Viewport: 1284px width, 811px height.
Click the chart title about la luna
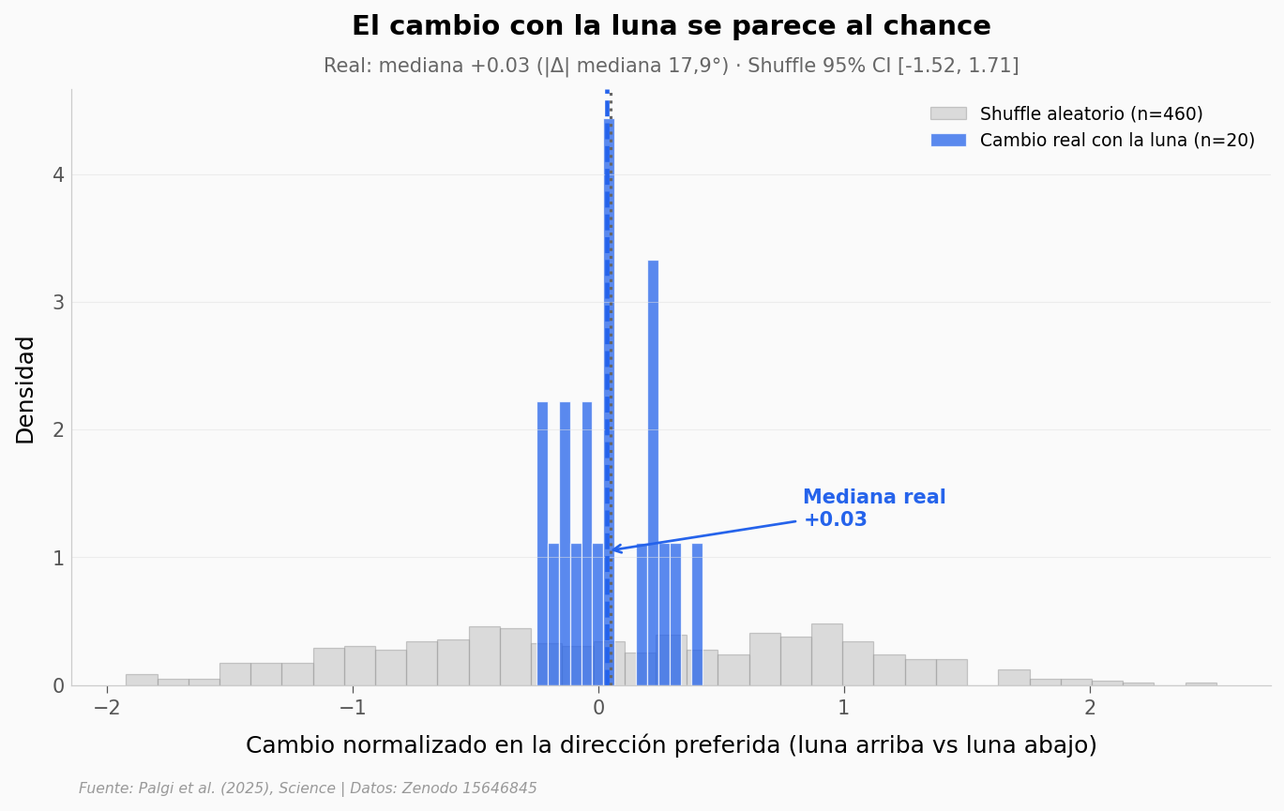tap(671, 26)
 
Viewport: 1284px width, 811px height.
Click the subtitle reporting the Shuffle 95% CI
tap(671, 67)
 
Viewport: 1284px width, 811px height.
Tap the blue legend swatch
tap(947, 141)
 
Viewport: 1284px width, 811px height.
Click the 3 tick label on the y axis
tap(58, 303)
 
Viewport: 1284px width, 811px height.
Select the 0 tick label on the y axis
tap(58, 686)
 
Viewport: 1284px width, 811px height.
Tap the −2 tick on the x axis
tap(107, 709)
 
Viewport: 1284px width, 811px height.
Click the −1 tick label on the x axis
tap(353, 709)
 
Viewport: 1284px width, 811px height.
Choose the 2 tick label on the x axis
tap(1090, 709)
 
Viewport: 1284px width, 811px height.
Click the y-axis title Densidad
tap(25, 389)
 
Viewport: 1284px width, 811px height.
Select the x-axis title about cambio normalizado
tap(671, 745)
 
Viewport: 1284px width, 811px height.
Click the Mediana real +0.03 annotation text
tap(873, 508)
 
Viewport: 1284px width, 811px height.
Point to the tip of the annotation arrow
tap(612, 549)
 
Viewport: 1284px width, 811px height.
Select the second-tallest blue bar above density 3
tap(653, 469)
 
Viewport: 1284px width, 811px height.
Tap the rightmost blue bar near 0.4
tap(697, 614)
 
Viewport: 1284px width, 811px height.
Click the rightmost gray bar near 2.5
tap(1201, 683)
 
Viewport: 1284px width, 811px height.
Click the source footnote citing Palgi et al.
tap(308, 788)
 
